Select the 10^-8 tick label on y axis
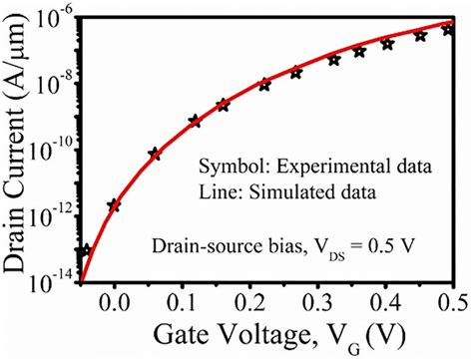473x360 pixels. (52, 85)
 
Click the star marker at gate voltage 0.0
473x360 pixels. (115, 205)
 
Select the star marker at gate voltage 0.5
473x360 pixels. (450, 30)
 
